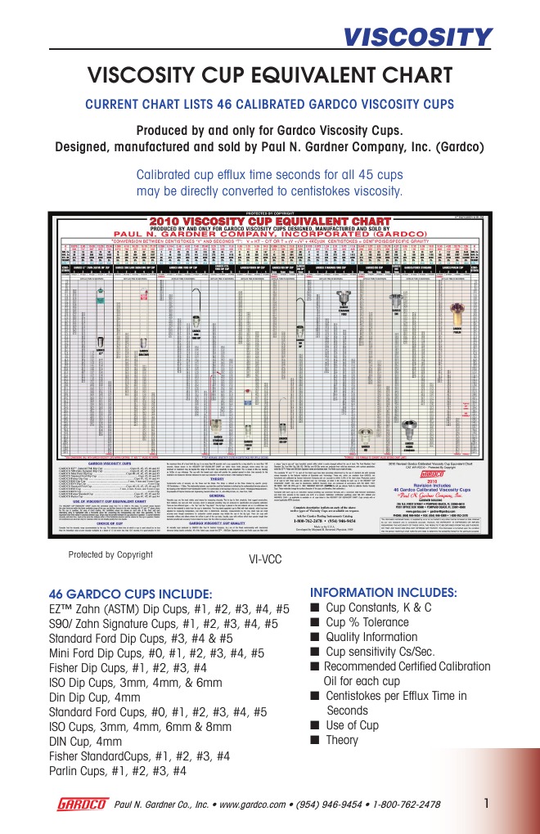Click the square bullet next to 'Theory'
pos(315,741)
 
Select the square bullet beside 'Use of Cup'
pos(315,726)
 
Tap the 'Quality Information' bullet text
pos(371,638)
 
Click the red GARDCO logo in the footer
pos(82,804)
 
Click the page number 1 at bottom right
pos(486,802)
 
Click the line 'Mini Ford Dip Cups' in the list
pos(155,653)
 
